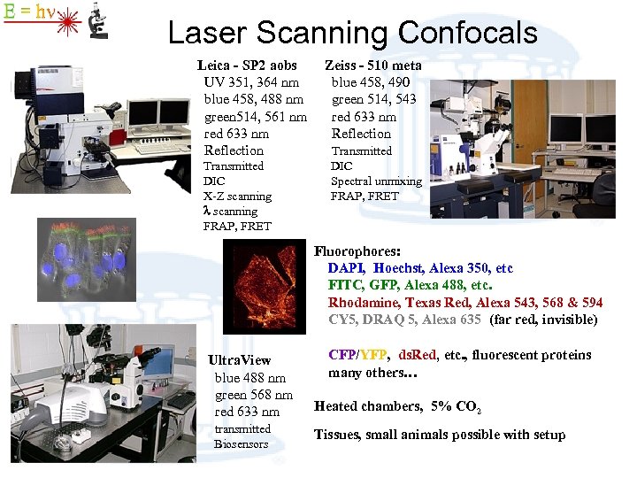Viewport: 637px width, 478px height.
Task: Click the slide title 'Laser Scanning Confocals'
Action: [x=352, y=33]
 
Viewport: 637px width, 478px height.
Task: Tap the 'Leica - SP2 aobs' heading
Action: [x=247, y=66]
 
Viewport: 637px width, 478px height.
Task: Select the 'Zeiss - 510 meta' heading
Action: [x=372, y=66]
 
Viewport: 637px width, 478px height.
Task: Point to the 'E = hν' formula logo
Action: [x=27, y=12]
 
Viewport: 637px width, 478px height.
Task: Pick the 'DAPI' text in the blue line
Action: [x=346, y=268]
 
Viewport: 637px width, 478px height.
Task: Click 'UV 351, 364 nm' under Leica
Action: [x=251, y=82]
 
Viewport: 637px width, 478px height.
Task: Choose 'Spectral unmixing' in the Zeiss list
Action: [x=376, y=181]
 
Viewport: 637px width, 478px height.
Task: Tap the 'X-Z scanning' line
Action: [x=237, y=197]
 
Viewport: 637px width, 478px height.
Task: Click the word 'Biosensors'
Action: [x=241, y=444]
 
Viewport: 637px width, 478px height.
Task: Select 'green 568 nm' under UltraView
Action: [x=253, y=395]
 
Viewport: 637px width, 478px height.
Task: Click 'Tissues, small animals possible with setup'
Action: [x=440, y=435]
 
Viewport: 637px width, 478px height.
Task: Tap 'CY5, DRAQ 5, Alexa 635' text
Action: [x=405, y=319]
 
